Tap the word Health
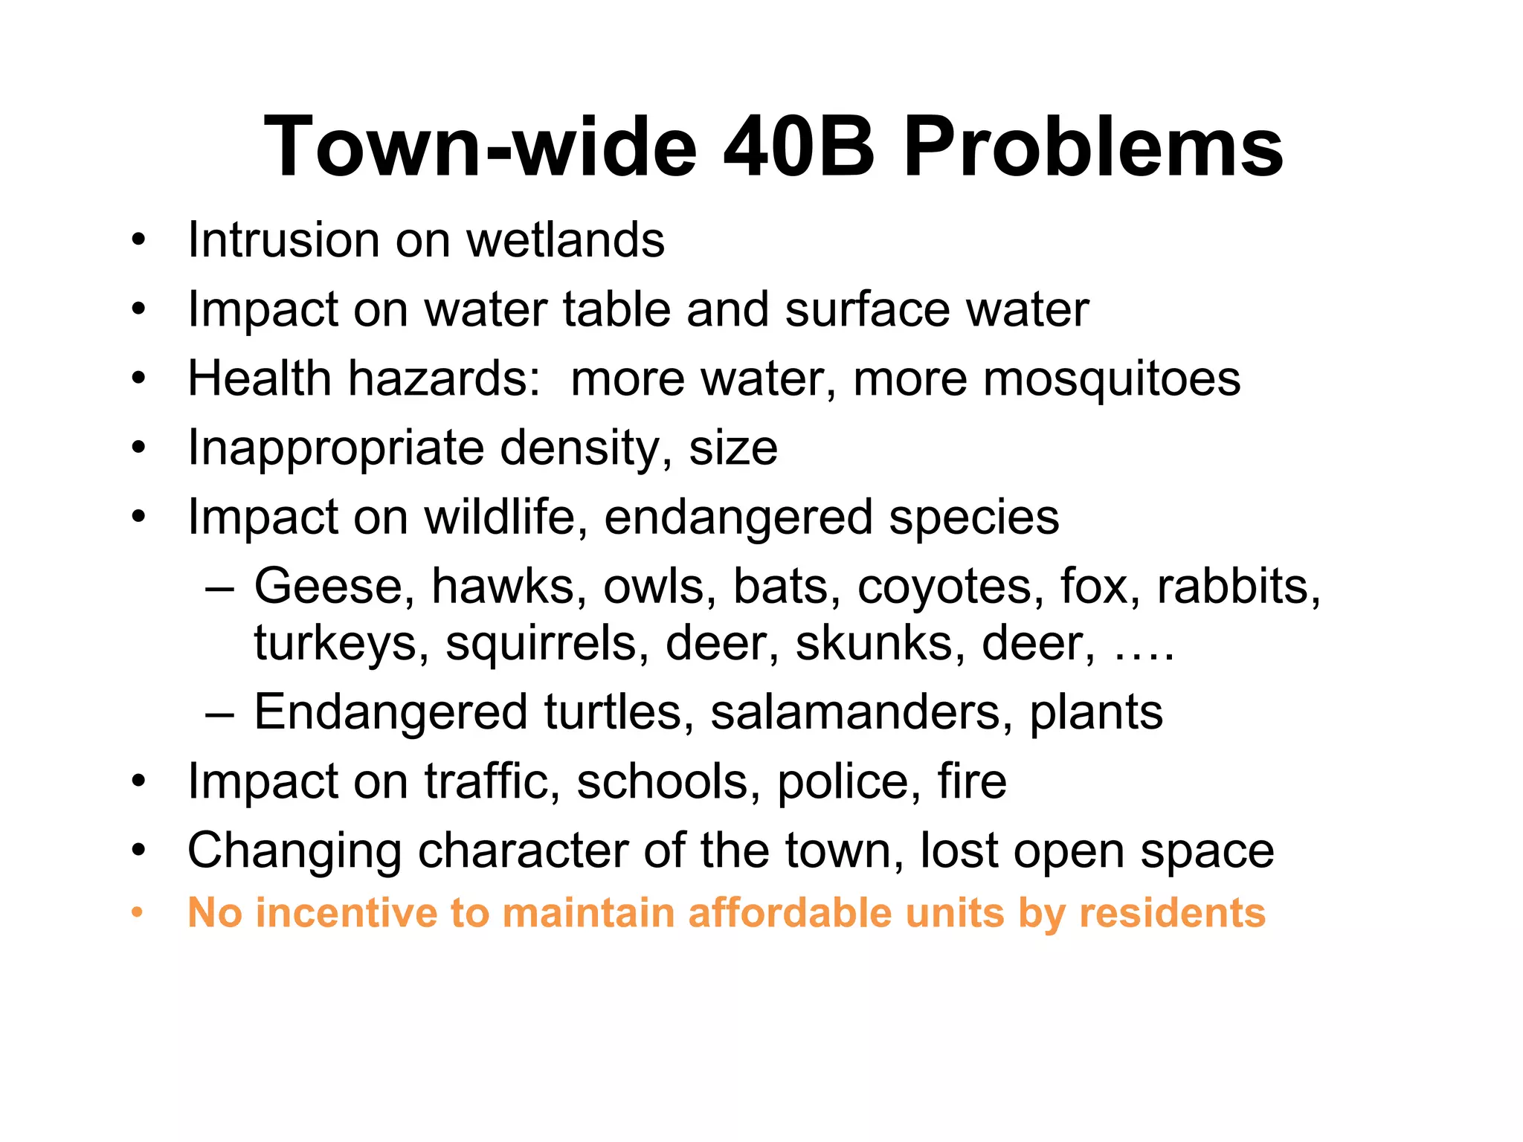260,378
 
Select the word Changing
294,851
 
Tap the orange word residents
1172,913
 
